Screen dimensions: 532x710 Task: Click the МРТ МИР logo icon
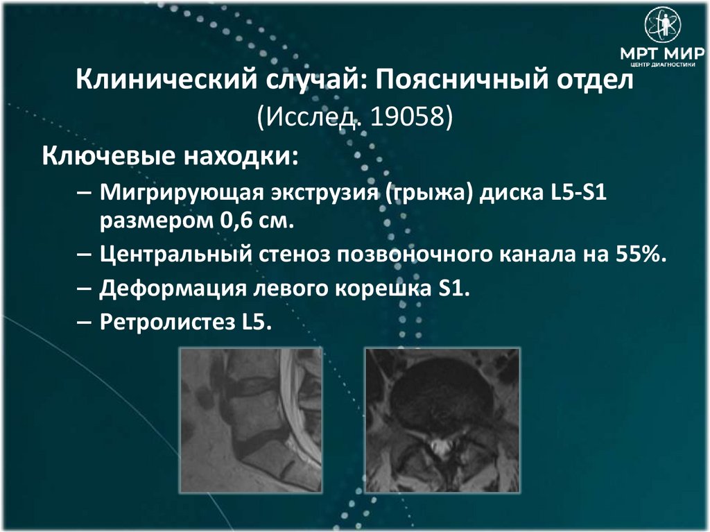tap(663, 25)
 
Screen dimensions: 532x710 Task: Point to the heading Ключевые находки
tap(171, 155)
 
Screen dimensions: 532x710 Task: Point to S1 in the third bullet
tap(454, 287)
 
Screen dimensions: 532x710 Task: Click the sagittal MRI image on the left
tap(251, 420)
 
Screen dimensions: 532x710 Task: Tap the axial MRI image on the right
tap(442, 420)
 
